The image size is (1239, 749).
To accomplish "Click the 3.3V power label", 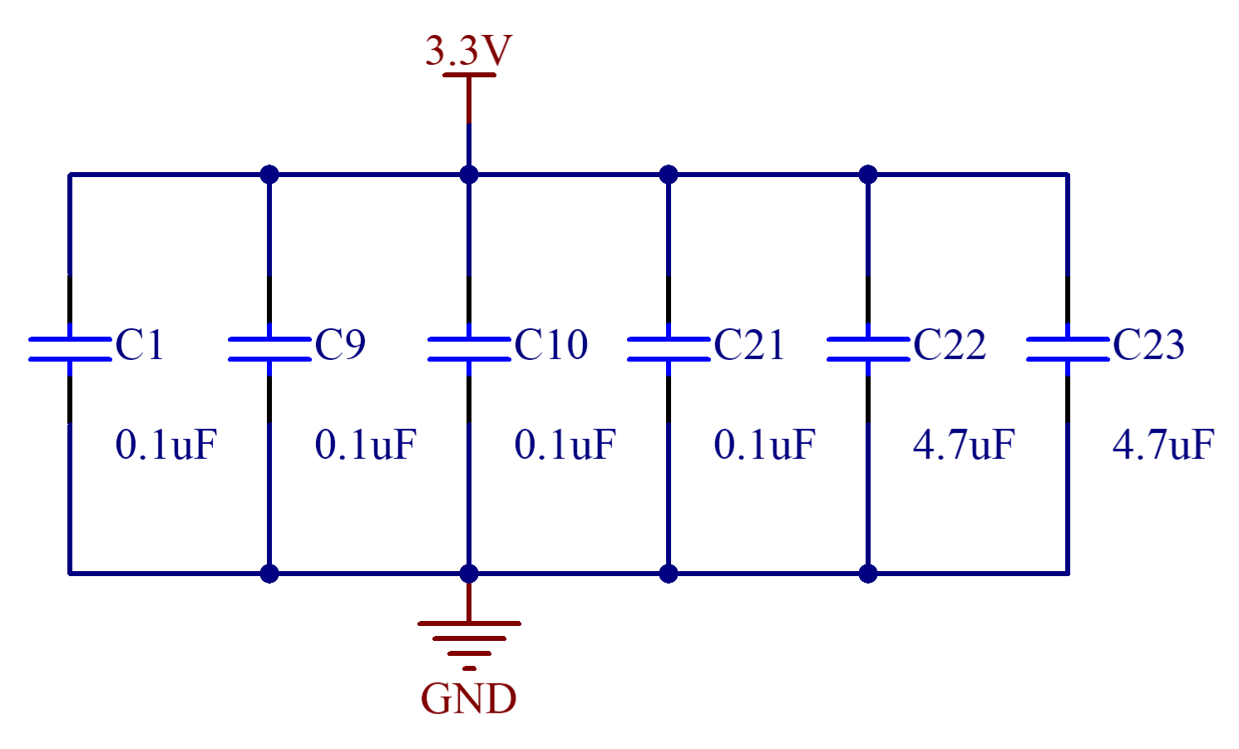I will [x=468, y=52].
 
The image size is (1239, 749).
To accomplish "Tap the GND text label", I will [x=469, y=699].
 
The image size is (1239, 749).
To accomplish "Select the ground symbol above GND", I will [x=469, y=641].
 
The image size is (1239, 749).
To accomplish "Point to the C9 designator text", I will [x=340, y=345].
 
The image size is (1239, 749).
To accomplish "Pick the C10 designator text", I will [x=550, y=345].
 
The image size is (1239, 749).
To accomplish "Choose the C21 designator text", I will [x=748, y=345].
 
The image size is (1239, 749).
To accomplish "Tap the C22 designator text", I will [x=949, y=345].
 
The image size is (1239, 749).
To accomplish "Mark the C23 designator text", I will [x=1148, y=345].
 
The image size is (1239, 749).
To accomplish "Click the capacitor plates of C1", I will [x=70, y=349].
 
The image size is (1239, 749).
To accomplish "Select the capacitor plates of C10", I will [x=469, y=349].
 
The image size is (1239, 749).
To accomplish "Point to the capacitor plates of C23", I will [x=1068, y=349].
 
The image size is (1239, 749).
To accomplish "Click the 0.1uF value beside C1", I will [x=166, y=445].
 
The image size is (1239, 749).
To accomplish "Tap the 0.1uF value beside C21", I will [x=765, y=445].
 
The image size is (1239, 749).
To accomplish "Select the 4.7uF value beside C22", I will [x=965, y=445].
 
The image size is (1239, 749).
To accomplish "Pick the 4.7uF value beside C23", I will [x=1164, y=445].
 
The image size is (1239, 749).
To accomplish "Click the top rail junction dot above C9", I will [x=269, y=175].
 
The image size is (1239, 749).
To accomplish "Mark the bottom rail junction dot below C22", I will [x=868, y=574].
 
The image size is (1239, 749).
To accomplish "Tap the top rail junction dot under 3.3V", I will [x=469, y=175].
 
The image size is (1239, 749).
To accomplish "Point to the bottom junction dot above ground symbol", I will [x=469, y=574].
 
